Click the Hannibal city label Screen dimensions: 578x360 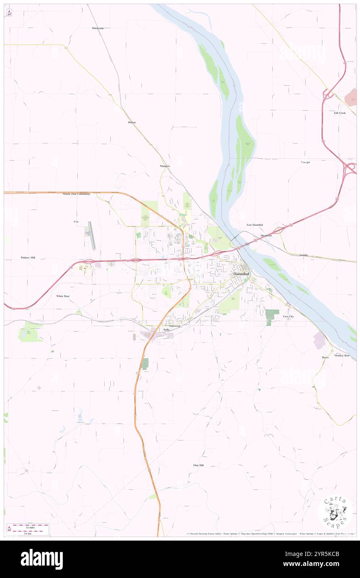pos(241,274)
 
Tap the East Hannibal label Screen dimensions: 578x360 pos(254,225)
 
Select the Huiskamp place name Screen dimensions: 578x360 pos(98,28)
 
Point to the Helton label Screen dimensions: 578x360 pos(132,122)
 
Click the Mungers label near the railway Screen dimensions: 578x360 pos(165,166)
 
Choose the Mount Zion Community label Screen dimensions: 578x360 pos(76,194)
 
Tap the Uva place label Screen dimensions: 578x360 pos(76,222)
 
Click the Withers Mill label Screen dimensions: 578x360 pos(28,258)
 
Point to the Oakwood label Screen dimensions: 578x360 pos(175,326)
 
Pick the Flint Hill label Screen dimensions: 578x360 pos(198,465)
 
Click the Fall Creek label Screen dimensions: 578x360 pos(339,113)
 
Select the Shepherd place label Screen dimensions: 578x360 pos(266,235)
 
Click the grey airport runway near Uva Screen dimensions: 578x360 pos(91,235)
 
